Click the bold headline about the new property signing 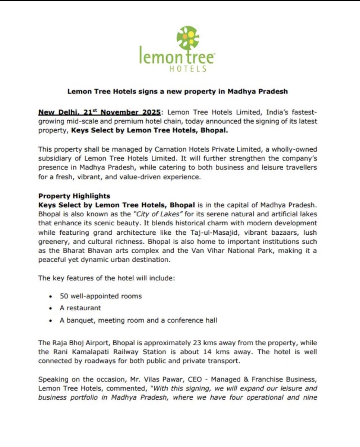point(177,91)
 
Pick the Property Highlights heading point(74,196)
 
